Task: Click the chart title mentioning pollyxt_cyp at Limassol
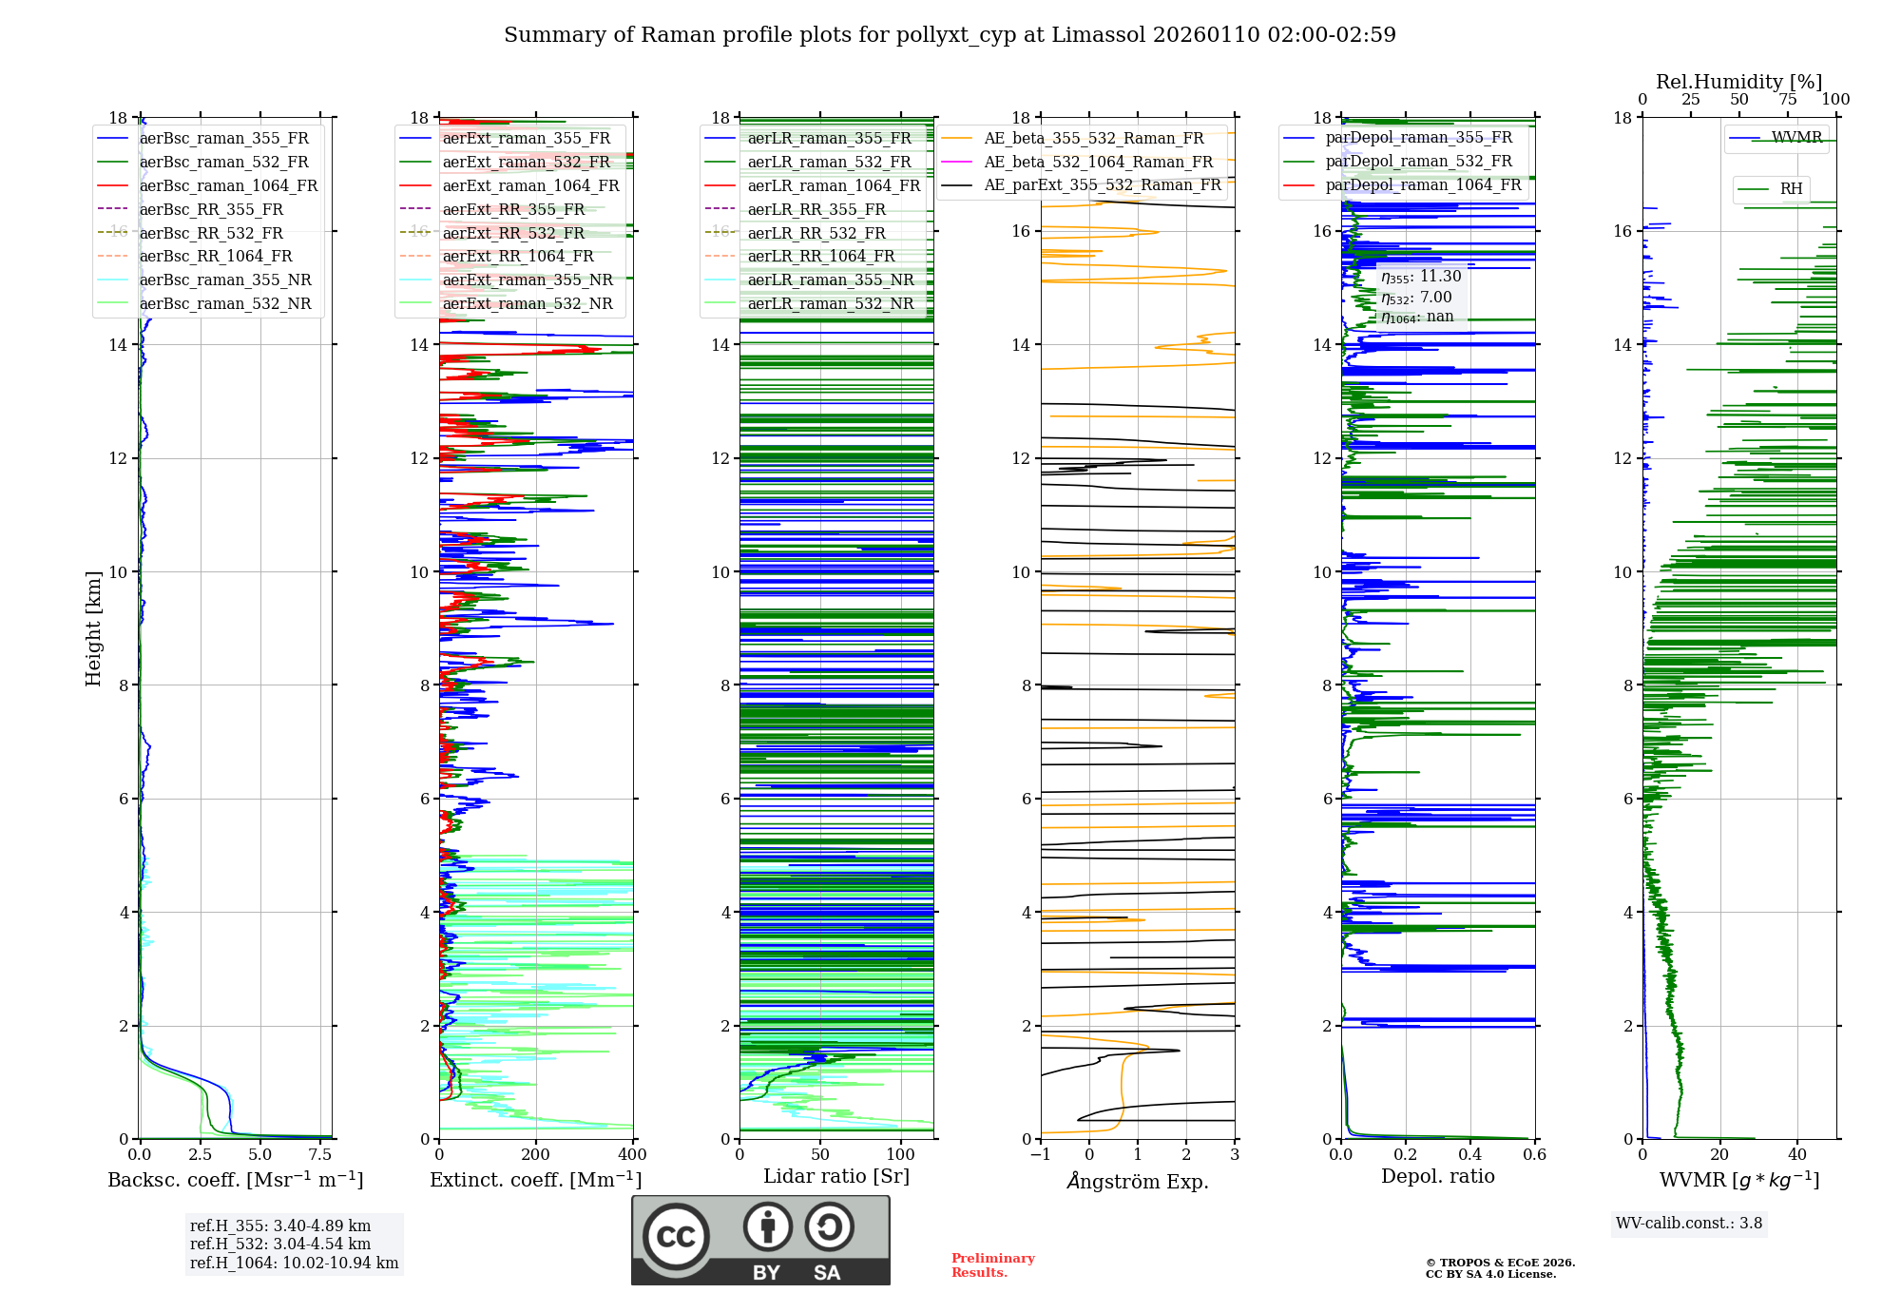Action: pos(950,35)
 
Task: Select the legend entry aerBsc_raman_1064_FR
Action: pos(228,185)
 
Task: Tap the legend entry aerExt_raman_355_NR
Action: pos(528,280)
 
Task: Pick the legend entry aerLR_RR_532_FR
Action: pos(816,233)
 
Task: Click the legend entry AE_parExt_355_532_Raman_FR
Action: pos(1103,184)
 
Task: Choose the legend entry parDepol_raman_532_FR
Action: pos(1418,162)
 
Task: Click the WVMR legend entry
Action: pos(1796,138)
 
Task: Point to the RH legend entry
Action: pos(1791,189)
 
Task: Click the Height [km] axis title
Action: pos(93,627)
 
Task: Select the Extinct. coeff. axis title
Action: pos(535,1180)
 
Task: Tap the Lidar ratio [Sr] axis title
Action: pos(836,1176)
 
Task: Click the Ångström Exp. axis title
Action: pos(1138,1181)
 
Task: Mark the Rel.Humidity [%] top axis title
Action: pos(1738,82)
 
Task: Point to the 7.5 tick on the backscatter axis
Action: pos(320,1155)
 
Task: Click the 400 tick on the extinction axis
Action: pos(632,1155)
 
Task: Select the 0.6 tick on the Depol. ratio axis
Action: pos(1534,1155)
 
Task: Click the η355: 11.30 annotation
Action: pos(1421,277)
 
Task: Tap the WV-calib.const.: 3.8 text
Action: pos(1689,1224)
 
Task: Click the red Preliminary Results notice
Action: pos(992,1265)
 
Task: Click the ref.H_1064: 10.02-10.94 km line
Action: pos(294,1263)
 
